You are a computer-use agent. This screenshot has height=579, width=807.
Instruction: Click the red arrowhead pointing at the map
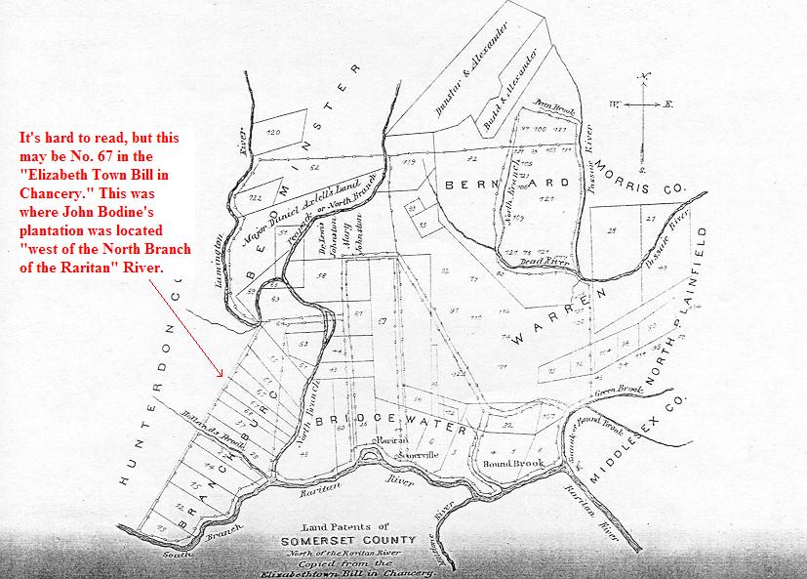(223, 375)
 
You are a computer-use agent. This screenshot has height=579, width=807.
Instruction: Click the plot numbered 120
(273, 132)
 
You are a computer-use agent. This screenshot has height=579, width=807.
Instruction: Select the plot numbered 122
(258, 197)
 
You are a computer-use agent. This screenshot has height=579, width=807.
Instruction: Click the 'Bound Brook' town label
(505, 464)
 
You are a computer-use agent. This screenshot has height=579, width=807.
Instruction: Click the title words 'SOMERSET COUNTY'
(360, 540)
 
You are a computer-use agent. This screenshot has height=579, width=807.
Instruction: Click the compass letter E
(668, 103)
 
